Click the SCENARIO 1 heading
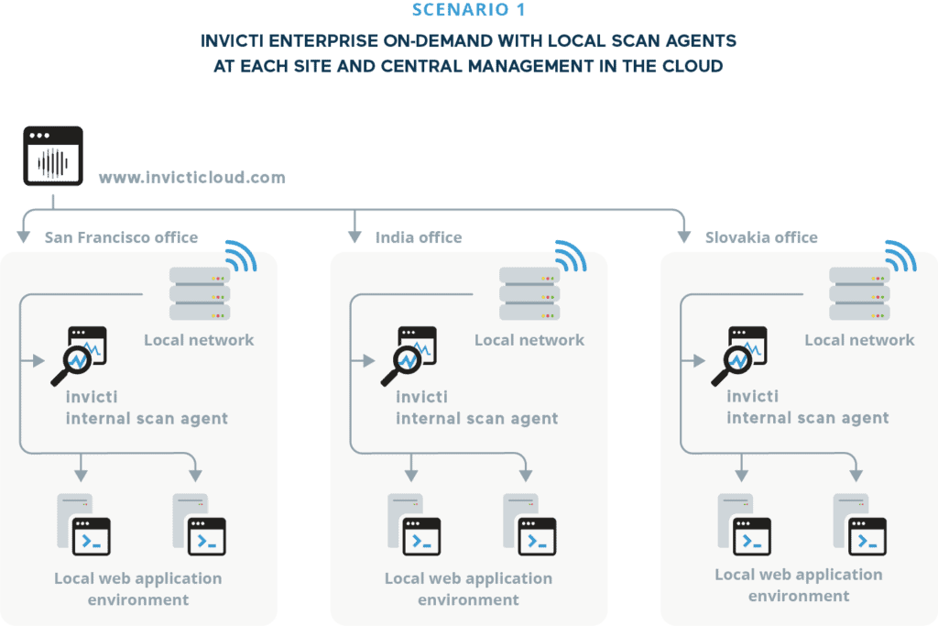(x=469, y=11)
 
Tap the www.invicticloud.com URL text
(x=191, y=177)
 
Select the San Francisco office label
(x=121, y=237)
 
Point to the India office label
(x=419, y=237)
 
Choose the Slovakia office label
(x=761, y=237)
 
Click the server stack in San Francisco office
(x=199, y=293)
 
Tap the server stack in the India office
(x=529, y=293)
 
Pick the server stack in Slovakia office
(x=859, y=293)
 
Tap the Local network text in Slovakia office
(x=859, y=340)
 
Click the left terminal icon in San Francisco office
(x=92, y=535)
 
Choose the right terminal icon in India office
(x=537, y=535)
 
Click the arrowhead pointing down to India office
(x=354, y=236)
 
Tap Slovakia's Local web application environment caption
(x=799, y=585)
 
